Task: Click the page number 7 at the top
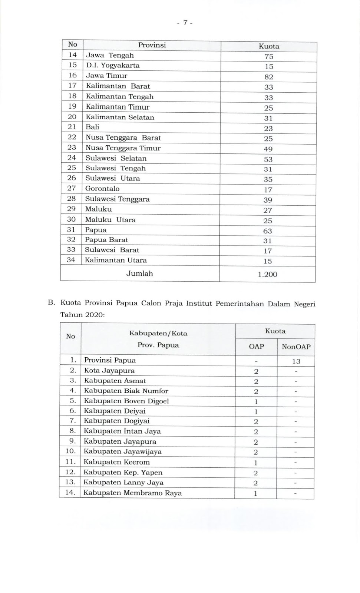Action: (184, 23)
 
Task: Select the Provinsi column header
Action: (152, 45)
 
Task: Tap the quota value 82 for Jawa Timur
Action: (269, 77)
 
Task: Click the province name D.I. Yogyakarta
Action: (113, 66)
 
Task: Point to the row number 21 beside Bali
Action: (72, 127)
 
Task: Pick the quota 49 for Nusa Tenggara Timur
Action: (268, 149)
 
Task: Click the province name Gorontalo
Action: (102, 189)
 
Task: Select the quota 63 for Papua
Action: (268, 231)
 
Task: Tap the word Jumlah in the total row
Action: (139, 274)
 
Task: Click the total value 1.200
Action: (268, 274)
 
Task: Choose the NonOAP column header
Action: (296, 347)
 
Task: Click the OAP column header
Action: (256, 347)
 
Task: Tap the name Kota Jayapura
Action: (109, 371)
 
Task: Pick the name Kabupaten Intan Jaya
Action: (122, 431)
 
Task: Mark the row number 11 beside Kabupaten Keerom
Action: (70, 462)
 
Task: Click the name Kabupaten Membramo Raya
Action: (132, 493)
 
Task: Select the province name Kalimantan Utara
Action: (116, 260)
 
